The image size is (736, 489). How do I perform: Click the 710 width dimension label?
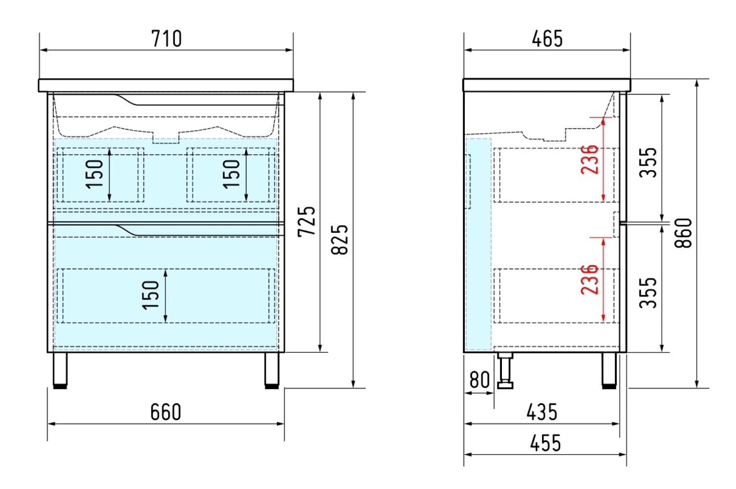[x=166, y=39]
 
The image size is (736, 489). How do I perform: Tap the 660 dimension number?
[x=166, y=412]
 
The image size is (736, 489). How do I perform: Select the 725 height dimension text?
[x=306, y=222]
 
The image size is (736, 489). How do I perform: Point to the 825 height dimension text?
[x=340, y=240]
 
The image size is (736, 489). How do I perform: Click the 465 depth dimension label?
[x=547, y=39]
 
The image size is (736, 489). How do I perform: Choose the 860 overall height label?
[x=683, y=233]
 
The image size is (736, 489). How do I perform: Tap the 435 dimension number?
[x=542, y=412]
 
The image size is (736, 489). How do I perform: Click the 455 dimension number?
[x=545, y=443]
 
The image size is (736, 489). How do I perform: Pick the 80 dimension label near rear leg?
[x=480, y=380]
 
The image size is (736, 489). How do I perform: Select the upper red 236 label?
[x=589, y=159]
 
